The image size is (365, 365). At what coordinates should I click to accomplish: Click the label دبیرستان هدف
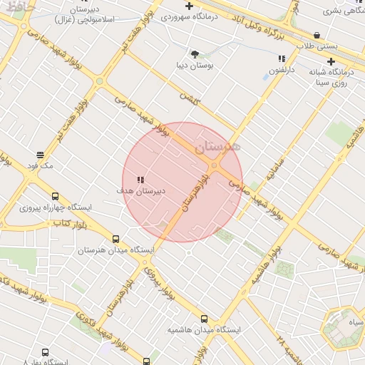pyautogui.click(x=141, y=191)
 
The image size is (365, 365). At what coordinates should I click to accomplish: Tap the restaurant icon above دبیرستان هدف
pyautogui.click(x=141, y=180)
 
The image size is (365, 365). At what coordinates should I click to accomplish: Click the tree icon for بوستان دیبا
pyautogui.click(x=195, y=53)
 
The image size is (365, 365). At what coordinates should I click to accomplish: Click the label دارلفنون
pyautogui.click(x=282, y=69)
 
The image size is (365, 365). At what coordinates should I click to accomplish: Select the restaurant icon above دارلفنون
pyautogui.click(x=282, y=58)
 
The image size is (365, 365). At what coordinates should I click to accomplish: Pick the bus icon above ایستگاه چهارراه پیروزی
pyautogui.click(x=55, y=196)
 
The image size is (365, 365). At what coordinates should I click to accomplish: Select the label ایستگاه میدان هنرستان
pyautogui.click(x=115, y=251)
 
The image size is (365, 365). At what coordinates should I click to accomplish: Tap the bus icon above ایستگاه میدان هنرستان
pyautogui.click(x=116, y=240)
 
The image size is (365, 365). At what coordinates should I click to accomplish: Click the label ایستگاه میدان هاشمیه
pyautogui.click(x=205, y=330)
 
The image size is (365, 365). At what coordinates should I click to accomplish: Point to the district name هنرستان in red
pyautogui.click(x=219, y=146)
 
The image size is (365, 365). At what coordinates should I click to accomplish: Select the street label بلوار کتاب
pyautogui.click(x=70, y=225)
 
